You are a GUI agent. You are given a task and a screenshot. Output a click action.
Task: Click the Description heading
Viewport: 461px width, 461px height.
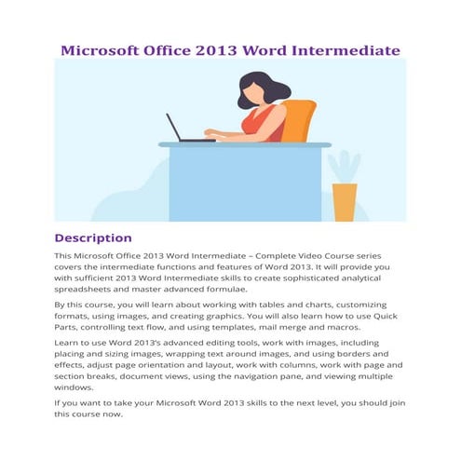click(93, 237)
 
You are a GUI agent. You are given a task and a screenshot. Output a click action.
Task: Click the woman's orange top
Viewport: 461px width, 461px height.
click(264, 122)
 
